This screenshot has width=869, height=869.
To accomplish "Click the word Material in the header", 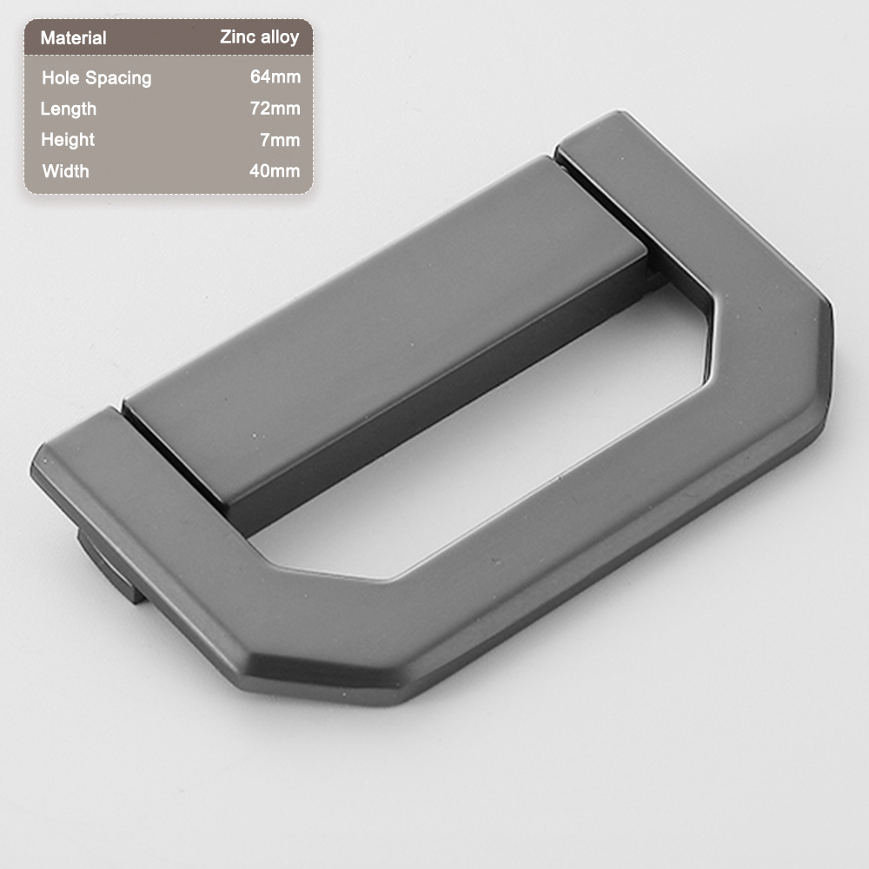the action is click(x=73, y=37).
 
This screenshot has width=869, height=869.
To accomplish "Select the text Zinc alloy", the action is click(x=259, y=37).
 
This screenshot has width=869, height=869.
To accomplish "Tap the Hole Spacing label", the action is click(x=96, y=78).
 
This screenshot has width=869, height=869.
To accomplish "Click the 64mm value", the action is click(x=275, y=76).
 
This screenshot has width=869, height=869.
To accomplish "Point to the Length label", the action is click(x=68, y=109).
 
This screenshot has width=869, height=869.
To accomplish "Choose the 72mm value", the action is click(x=275, y=108).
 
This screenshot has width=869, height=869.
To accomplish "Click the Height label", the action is click(x=68, y=140).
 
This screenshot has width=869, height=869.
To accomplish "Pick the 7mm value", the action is click(x=280, y=140).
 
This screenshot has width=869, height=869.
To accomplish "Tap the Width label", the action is click(x=65, y=171).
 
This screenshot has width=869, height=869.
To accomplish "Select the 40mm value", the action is click(x=275, y=170).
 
